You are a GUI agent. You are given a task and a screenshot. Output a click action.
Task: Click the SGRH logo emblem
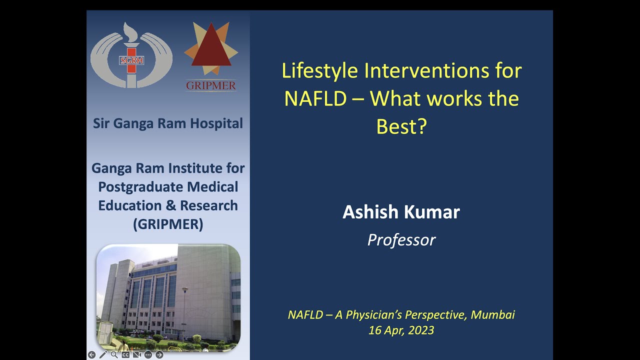pyautogui.click(x=131, y=55)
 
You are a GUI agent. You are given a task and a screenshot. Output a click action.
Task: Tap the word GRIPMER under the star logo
pyautogui.click(x=211, y=86)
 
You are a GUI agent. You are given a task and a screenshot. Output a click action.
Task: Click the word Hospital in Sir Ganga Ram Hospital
pyautogui.click(x=218, y=123)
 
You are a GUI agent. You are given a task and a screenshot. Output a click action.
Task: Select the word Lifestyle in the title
pyautogui.click(x=320, y=70)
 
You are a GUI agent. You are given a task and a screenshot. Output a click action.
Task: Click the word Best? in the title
pyautogui.click(x=401, y=126)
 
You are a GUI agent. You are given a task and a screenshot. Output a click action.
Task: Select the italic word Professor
pyautogui.click(x=401, y=240)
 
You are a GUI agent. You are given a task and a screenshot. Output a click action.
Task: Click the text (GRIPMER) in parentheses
pyautogui.click(x=168, y=224)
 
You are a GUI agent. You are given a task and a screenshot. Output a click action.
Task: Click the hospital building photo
pyautogui.click(x=168, y=297)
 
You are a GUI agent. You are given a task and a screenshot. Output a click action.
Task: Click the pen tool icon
pyautogui.click(x=103, y=355)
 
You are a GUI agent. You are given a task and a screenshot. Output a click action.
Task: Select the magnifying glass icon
pyautogui.click(x=114, y=355)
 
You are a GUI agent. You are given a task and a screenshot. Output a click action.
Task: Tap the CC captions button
pyautogui.click(x=125, y=355)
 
